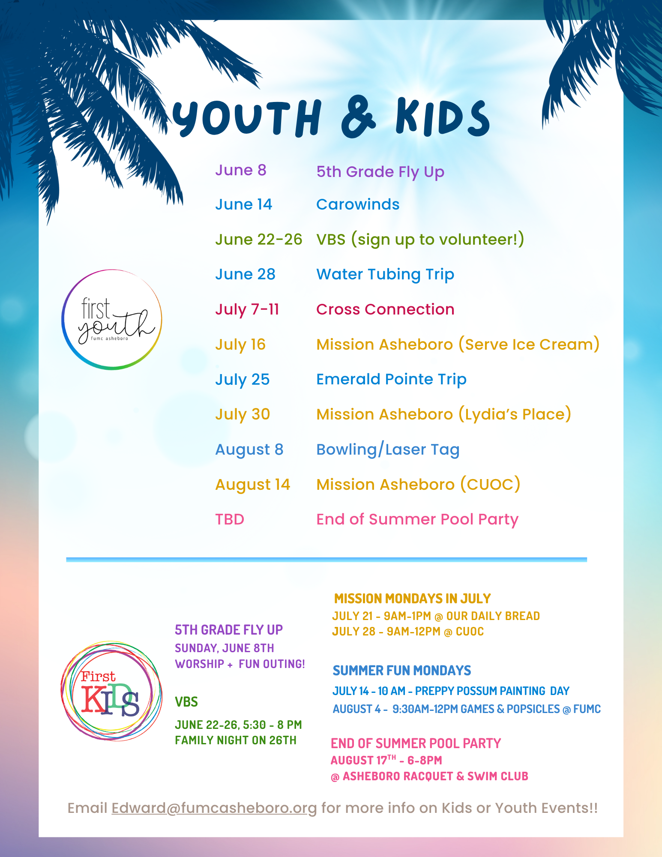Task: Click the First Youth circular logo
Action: [112, 320]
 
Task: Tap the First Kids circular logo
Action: [111, 691]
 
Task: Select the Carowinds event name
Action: [358, 204]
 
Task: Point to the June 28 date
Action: [245, 274]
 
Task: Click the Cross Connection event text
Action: [385, 309]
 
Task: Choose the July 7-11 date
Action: [247, 309]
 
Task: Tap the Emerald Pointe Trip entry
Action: [391, 380]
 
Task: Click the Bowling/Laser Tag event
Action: [388, 449]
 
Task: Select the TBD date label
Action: [230, 519]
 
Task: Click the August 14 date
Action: [253, 485]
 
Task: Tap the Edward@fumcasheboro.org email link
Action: [214, 808]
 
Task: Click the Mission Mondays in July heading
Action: [412, 598]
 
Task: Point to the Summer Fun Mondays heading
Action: [402, 670]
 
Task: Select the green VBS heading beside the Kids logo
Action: [186, 702]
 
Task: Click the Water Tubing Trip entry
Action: [385, 275]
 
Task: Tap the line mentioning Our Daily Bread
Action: [436, 616]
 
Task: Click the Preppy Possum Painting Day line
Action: [451, 691]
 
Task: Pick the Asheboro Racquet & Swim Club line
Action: [429, 776]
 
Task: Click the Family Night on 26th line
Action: [236, 740]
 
